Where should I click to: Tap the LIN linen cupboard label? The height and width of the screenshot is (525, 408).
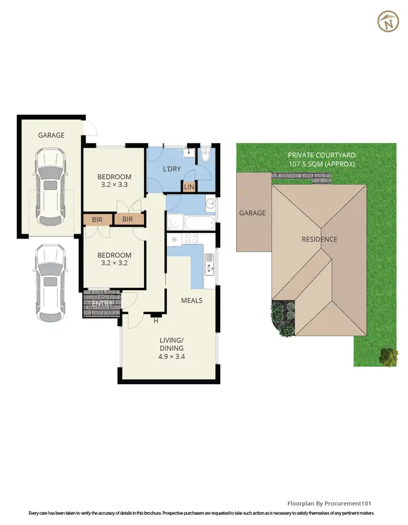point(189,187)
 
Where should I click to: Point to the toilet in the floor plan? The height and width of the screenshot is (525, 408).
point(206,156)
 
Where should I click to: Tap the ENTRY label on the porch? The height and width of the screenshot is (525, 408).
point(102,303)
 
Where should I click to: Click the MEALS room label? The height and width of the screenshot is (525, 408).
point(191,301)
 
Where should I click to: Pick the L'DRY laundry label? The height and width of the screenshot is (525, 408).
point(171,169)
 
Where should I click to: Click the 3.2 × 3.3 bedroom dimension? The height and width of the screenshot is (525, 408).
point(114,185)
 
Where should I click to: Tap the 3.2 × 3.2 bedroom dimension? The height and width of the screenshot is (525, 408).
point(114,264)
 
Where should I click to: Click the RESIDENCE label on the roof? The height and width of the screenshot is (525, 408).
point(320,239)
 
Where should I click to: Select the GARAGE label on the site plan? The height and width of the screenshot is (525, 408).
point(253,213)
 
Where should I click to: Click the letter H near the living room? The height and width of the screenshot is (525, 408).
point(156,321)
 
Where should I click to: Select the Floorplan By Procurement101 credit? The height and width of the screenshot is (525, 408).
point(329,504)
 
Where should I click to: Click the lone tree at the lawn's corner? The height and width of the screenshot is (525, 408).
point(388,356)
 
